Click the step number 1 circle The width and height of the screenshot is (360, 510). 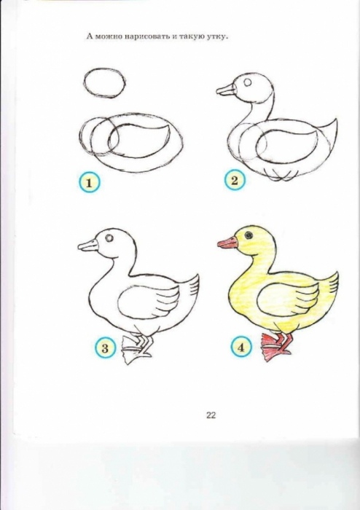pyautogui.click(x=89, y=182)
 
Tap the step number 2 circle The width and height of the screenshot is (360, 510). pyautogui.click(x=235, y=180)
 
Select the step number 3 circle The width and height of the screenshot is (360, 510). pyautogui.click(x=105, y=348)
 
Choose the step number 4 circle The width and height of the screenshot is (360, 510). pyautogui.click(x=240, y=348)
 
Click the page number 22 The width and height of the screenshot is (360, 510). pyautogui.click(x=211, y=415)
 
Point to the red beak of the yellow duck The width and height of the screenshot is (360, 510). pyautogui.click(x=227, y=243)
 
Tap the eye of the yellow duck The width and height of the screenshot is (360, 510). pyautogui.click(x=249, y=235)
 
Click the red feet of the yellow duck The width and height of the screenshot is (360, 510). pyautogui.click(x=276, y=348)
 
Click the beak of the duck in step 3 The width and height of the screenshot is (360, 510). pyautogui.click(x=87, y=246)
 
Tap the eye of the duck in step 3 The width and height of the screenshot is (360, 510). pyautogui.click(x=109, y=238)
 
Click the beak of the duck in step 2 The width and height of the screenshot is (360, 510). pyautogui.click(x=226, y=90)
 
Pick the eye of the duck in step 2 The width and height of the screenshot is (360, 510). pyautogui.click(x=248, y=82)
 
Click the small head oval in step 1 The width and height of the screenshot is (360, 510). pyautogui.click(x=105, y=82)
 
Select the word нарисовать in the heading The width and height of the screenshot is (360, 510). pyautogui.click(x=143, y=36)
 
